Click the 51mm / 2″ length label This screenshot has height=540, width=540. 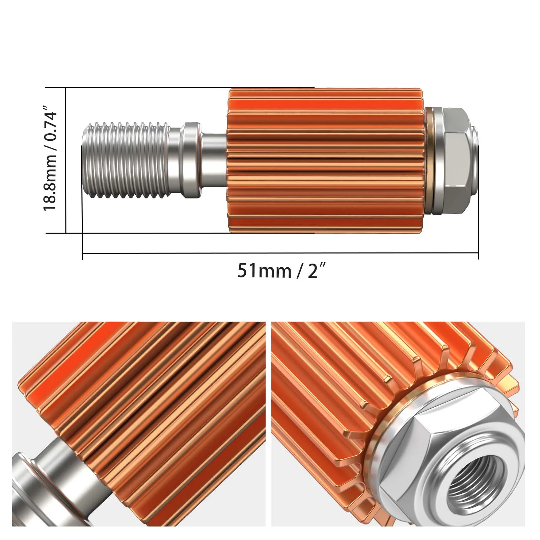(282, 271)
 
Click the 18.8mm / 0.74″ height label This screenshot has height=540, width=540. (50, 159)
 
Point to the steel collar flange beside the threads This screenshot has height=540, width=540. (192, 160)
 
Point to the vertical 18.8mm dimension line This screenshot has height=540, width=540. (66, 160)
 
